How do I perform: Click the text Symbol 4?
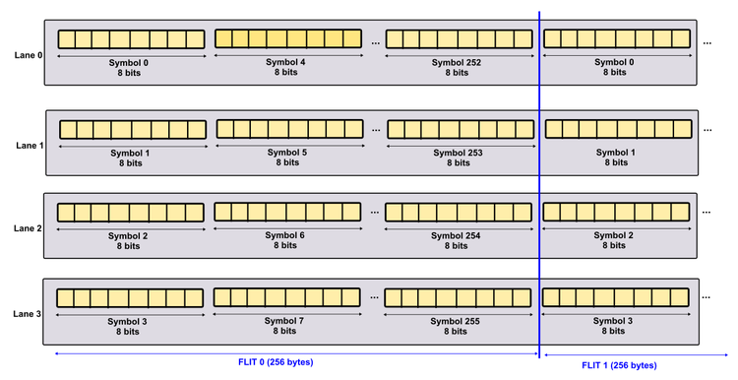point(288,62)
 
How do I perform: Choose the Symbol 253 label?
point(459,153)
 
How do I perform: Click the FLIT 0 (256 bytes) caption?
point(276,362)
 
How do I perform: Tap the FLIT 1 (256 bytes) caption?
point(619,365)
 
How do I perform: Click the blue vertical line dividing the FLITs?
point(539,187)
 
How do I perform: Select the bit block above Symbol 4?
point(288,39)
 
